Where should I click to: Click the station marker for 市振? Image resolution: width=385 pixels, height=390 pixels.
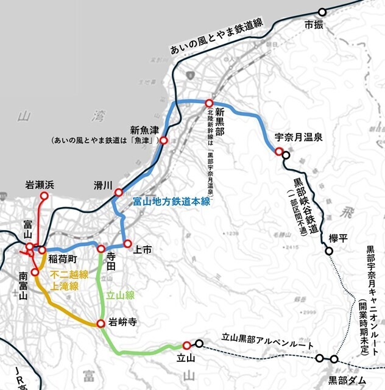tap(322, 12)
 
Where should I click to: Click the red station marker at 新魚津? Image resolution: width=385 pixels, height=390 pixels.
tap(163, 140)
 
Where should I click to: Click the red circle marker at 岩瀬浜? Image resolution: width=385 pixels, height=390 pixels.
tap(44, 196)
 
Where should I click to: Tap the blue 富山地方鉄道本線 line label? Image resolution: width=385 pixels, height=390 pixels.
tap(172, 201)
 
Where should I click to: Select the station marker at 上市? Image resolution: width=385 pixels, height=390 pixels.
tap(127, 244)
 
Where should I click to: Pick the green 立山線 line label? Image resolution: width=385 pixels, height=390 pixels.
tap(120, 295)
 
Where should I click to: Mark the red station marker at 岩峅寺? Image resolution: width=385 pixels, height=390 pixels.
tap(101, 323)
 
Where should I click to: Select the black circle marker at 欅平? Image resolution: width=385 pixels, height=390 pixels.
tap(329, 250)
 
